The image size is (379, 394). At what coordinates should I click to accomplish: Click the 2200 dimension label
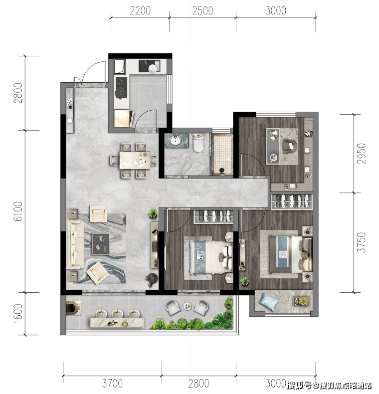pos(140,11)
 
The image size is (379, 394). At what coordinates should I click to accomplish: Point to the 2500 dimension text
pos(202,11)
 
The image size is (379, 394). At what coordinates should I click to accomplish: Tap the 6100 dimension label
pos(18,211)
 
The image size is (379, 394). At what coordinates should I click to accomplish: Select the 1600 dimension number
pos(18,314)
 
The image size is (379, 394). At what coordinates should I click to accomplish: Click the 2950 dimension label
pos(361,154)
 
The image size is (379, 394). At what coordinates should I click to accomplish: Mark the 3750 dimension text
pos(361,242)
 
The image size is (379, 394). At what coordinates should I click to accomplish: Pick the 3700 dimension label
pos(112,384)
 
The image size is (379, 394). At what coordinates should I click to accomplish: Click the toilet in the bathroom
pos(198,143)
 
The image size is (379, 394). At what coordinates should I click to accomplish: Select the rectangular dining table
pos(135,160)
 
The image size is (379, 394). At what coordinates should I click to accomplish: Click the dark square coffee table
pos(101,244)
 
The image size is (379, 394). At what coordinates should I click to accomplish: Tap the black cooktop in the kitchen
pos(121,87)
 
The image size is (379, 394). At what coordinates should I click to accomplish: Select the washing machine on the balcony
pos(73,308)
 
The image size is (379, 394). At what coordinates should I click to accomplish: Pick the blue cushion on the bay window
pos(269,302)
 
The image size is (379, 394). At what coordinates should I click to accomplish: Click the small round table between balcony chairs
pos(187,306)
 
